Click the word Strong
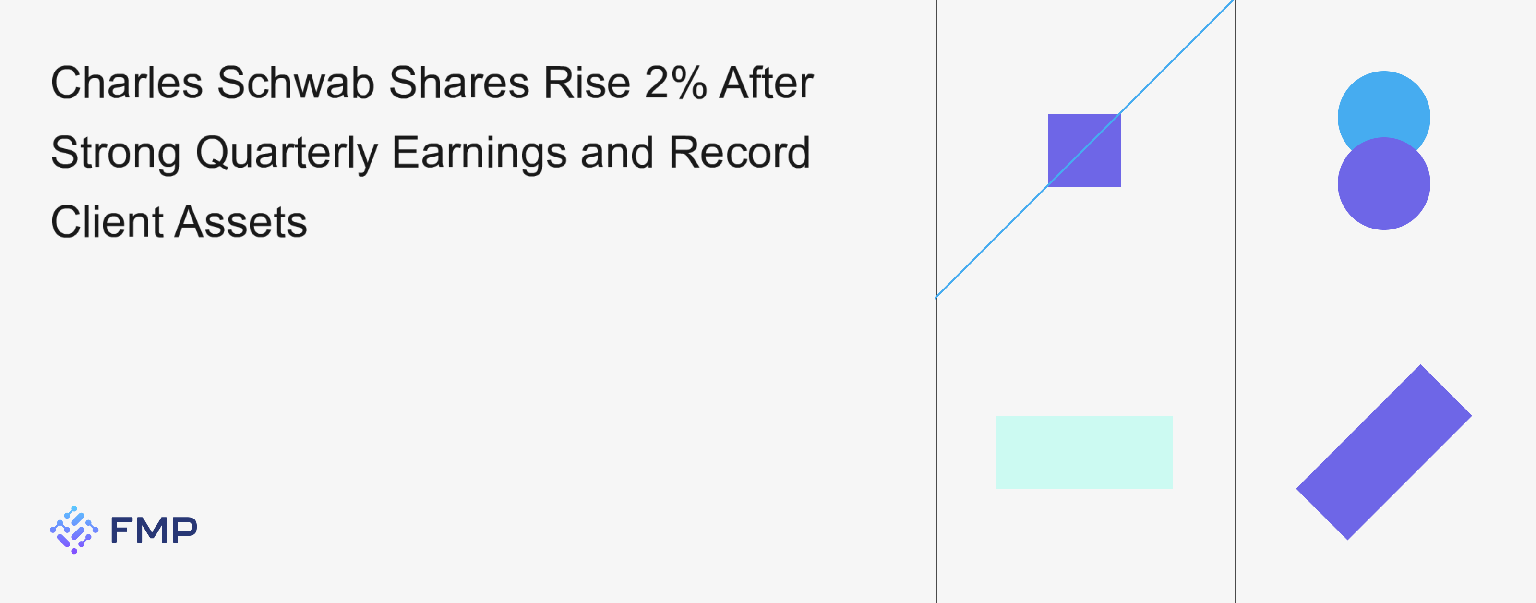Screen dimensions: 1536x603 pyautogui.click(x=116, y=153)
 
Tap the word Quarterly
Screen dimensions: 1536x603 pyautogui.click(x=286, y=153)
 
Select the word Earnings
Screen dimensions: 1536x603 pyautogui.click(x=479, y=153)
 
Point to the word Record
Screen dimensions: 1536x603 pyautogui.click(x=739, y=152)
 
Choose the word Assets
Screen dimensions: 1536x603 pyautogui.click(x=241, y=222)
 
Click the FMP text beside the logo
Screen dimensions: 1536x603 pyautogui.click(x=154, y=530)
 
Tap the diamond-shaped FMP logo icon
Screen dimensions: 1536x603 pyautogui.click(x=74, y=530)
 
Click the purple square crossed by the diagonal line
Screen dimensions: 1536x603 pyautogui.click(x=1085, y=150)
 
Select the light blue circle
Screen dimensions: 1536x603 pyautogui.click(x=1383, y=108)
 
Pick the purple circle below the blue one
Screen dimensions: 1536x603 pyautogui.click(x=1384, y=184)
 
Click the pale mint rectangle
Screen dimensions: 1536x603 pyautogui.click(x=1084, y=452)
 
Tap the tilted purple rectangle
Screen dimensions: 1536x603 pyautogui.click(x=1384, y=452)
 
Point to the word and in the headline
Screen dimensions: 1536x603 pyautogui.click(x=617, y=152)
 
